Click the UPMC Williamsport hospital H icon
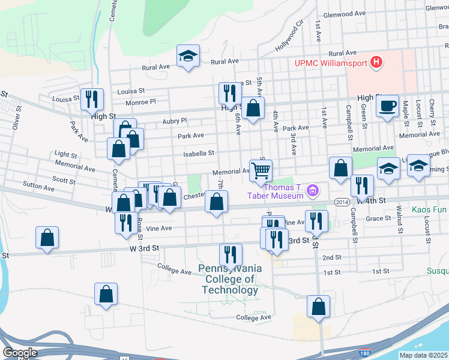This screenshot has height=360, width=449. click(376, 61)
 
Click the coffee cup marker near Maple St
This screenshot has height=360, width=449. click(388, 106)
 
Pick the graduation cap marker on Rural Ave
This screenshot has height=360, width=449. click(188, 56)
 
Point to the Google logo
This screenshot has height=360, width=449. click(20, 353)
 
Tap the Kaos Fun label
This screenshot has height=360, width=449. click(430, 210)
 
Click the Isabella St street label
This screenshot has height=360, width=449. click(199, 154)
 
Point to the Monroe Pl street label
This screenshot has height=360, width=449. click(140, 102)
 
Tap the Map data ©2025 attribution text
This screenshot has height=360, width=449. click(423, 355)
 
